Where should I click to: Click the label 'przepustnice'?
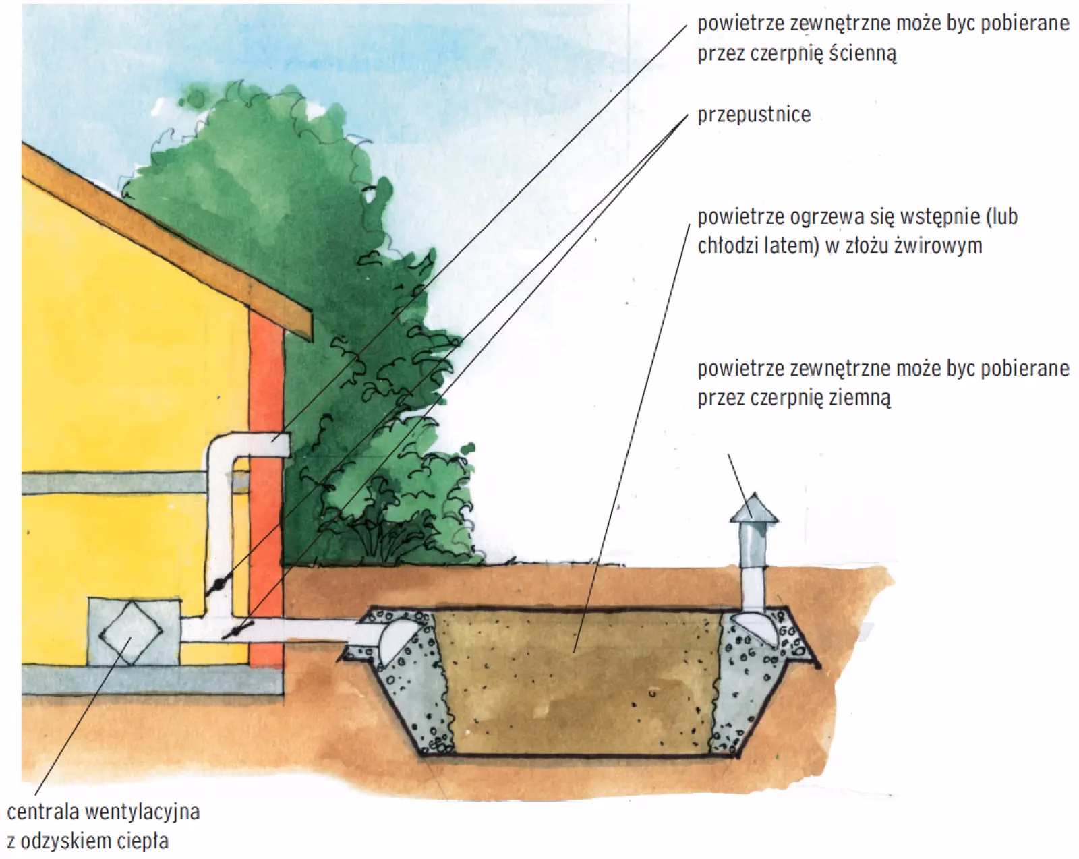(753, 115)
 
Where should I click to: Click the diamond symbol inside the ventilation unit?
(132, 630)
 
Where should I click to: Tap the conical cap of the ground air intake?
(754, 509)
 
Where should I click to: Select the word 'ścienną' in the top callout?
(863, 53)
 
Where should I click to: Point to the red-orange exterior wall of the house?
(267, 485)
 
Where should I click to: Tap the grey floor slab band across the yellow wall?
(108, 483)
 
